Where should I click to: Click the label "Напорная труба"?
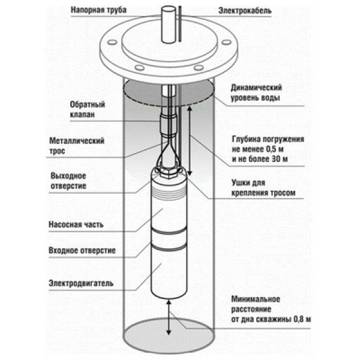tap(100, 11)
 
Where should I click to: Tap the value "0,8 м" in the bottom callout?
tap(300, 320)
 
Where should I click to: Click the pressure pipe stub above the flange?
tap(168, 24)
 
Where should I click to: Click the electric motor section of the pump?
tap(167, 273)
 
